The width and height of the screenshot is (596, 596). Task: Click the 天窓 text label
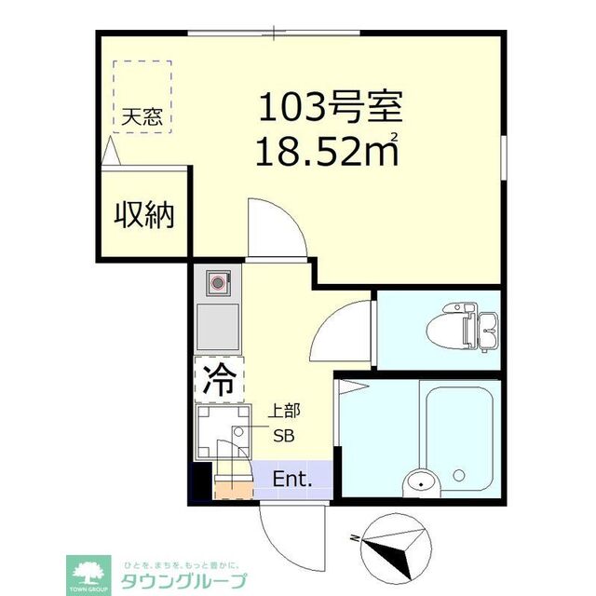tap(142, 118)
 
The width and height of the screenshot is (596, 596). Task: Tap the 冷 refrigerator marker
tap(220, 378)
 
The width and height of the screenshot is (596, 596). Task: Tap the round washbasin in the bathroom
tap(420, 482)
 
